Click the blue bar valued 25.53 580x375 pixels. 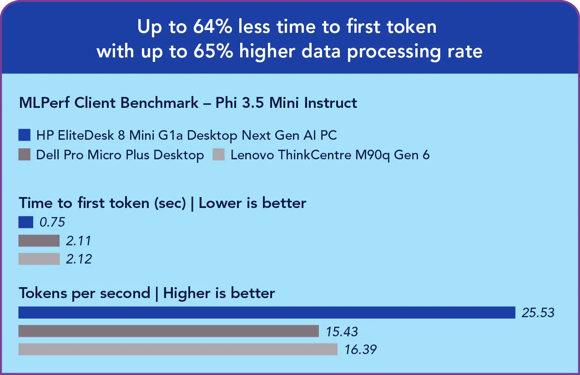pos(267,313)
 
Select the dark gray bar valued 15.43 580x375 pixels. pos(168,331)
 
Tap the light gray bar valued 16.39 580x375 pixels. pos(178,350)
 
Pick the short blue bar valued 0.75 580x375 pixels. pos(26,222)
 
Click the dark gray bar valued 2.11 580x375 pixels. pos(39,241)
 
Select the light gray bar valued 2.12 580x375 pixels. pos(39,259)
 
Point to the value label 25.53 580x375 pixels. pos(538,313)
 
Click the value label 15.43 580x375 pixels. pos(342,331)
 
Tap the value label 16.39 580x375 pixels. pos(360,350)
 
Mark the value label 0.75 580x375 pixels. pos(52,222)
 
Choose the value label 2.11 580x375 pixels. pos(79,241)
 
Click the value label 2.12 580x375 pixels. pos(79,259)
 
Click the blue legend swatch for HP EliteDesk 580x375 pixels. pos(25,136)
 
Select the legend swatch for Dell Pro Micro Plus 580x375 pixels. pos(25,155)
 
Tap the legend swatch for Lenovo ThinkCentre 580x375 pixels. pos(219,155)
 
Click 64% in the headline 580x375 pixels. pos(213,27)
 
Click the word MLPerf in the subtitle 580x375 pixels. pos(45,103)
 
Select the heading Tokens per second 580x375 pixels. pos(84,293)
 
